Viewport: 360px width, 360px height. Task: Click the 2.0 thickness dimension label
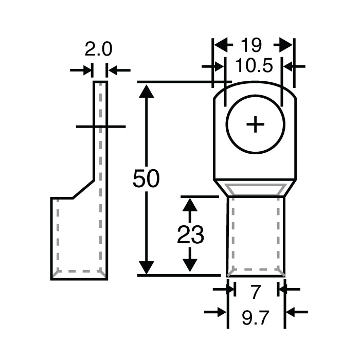pos(98,50)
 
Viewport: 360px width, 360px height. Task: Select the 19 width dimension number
pos(252,45)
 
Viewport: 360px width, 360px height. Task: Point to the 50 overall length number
pos(146,178)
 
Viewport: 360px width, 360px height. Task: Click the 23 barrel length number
pos(191,235)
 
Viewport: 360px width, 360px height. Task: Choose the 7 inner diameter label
pos(256,292)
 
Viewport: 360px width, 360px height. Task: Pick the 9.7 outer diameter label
pos(256,319)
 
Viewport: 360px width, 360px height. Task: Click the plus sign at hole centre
pos(255,125)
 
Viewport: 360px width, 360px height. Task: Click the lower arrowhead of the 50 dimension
pos(147,267)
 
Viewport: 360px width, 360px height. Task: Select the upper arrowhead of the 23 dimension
pos(191,205)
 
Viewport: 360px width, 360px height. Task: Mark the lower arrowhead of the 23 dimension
pos(191,265)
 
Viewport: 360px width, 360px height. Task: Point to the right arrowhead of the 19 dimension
pos(286,45)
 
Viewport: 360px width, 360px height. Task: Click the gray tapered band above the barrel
pos(256,189)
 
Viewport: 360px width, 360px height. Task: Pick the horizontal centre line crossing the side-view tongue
pos(100,126)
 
